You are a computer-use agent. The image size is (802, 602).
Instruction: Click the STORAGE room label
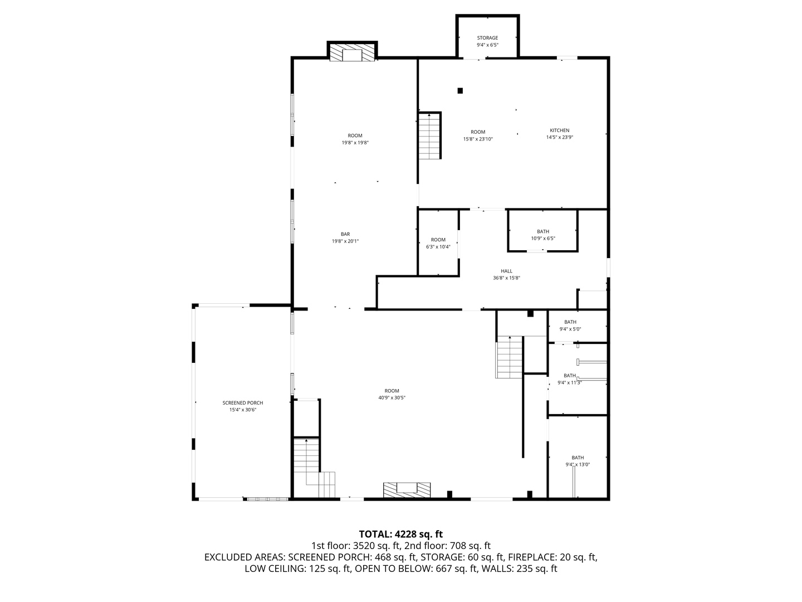tap(487, 38)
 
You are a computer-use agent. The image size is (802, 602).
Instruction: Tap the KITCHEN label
tap(559, 130)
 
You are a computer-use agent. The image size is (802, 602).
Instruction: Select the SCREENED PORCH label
tap(243, 403)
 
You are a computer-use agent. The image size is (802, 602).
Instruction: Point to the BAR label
tap(345, 234)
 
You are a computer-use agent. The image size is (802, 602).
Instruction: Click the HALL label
tap(506, 271)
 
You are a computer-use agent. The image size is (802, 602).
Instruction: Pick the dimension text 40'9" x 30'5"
tap(392, 397)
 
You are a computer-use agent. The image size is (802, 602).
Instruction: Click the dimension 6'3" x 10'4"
tap(438, 247)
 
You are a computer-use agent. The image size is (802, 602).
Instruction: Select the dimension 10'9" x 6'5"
tap(543, 239)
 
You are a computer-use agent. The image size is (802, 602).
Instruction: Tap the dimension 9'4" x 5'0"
tap(570, 329)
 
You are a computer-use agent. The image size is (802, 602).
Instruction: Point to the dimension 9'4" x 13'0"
tap(578, 464)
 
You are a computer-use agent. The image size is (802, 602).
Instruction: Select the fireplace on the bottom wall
tap(407, 490)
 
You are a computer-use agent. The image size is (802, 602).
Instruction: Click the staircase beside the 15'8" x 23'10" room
tap(429, 135)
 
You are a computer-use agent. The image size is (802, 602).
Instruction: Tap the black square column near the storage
tap(460, 91)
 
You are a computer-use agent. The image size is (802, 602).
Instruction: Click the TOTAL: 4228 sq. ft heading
tap(401, 535)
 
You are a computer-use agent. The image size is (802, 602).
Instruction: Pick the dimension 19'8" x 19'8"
tap(355, 143)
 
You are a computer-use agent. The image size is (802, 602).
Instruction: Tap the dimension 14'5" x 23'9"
tap(559, 138)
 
